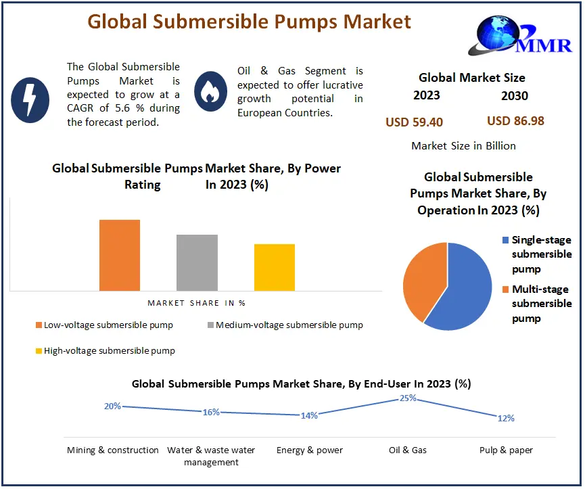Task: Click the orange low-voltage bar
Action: tap(120, 255)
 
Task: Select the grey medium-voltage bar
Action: tap(197, 262)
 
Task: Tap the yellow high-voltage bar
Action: tap(274, 267)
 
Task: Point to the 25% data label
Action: tap(408, 398)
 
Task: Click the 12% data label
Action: tap(506, 418)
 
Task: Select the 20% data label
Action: tap(112, 406)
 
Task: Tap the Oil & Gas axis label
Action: tap(408, 450)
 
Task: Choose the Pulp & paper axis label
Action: tap(506, 450)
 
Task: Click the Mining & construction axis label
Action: tap(113, 450)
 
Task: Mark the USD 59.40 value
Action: tap(415, 122)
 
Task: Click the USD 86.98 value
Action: tap(515, 121)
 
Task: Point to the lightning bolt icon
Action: tap(30, 98)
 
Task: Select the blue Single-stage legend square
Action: tap(506, 240)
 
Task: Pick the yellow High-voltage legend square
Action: tap(38, 351)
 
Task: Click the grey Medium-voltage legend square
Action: tap(210, 325)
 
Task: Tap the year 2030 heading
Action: tap(515, 96)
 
